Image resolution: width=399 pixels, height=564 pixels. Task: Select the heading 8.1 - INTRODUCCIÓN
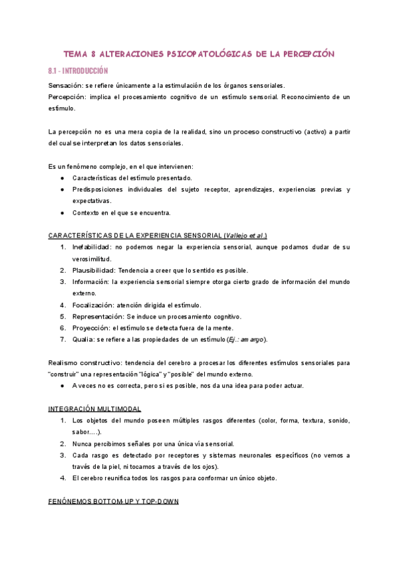[x=78, y=70]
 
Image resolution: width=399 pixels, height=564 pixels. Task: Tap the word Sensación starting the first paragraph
[x=65, y=86]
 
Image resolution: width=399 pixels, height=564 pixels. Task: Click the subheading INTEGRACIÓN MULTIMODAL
[x=95, y=408]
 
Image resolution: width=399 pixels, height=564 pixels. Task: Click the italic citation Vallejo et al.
[x=245, y=235]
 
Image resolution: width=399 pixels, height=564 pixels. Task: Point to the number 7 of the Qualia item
[x=63, y=339]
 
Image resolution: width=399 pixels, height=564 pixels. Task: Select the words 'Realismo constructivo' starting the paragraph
[x=82, y=362]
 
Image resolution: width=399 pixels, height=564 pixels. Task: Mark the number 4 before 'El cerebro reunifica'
[x=63, y=478]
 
